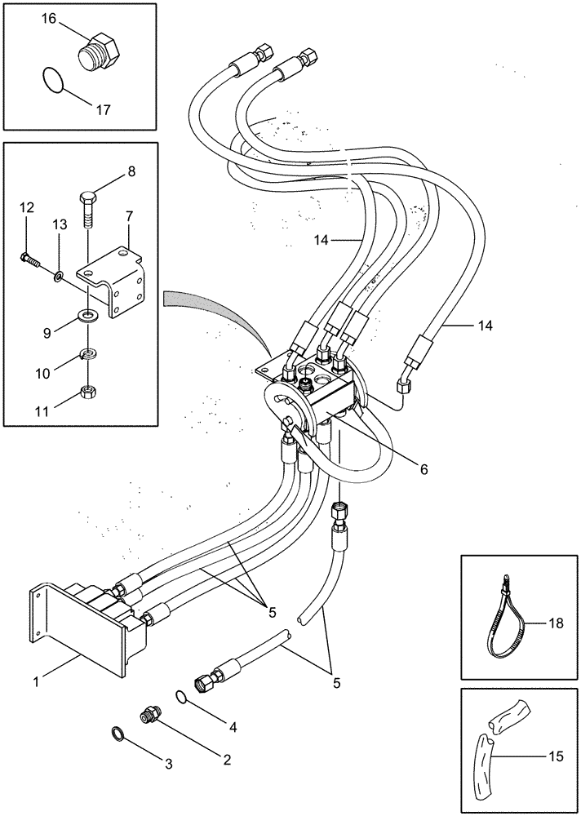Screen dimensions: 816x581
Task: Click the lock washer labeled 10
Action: (x=87, y=354)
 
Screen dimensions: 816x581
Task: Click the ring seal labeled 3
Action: (x=118, y=732)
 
